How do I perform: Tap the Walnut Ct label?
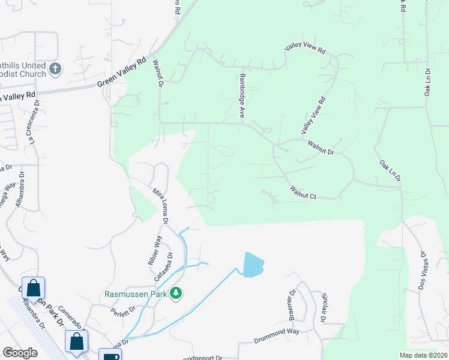point(303,193)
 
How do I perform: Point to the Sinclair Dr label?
point(324,308)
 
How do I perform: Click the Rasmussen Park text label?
point(136,294)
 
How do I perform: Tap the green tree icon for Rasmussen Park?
point(176,293)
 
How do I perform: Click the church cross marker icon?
point(55,68)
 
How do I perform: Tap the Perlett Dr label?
point(122,313)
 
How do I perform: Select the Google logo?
point(20,353)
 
